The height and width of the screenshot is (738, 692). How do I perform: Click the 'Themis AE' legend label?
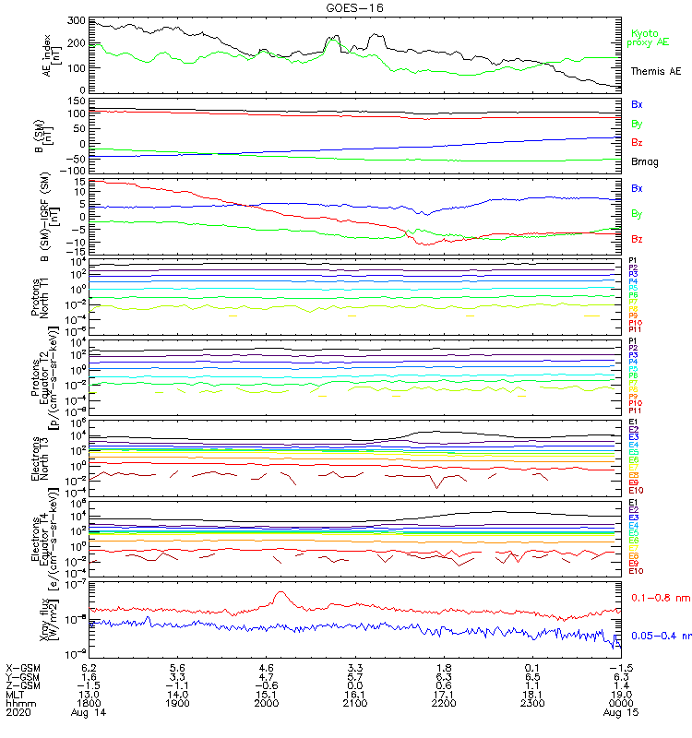(x=656, y=71)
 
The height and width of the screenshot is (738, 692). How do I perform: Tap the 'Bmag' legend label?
(x=644, y=162)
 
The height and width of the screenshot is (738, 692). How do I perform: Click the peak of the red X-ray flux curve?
(x=280, y=593)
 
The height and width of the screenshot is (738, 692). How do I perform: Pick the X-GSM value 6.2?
(x=89, y=667)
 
